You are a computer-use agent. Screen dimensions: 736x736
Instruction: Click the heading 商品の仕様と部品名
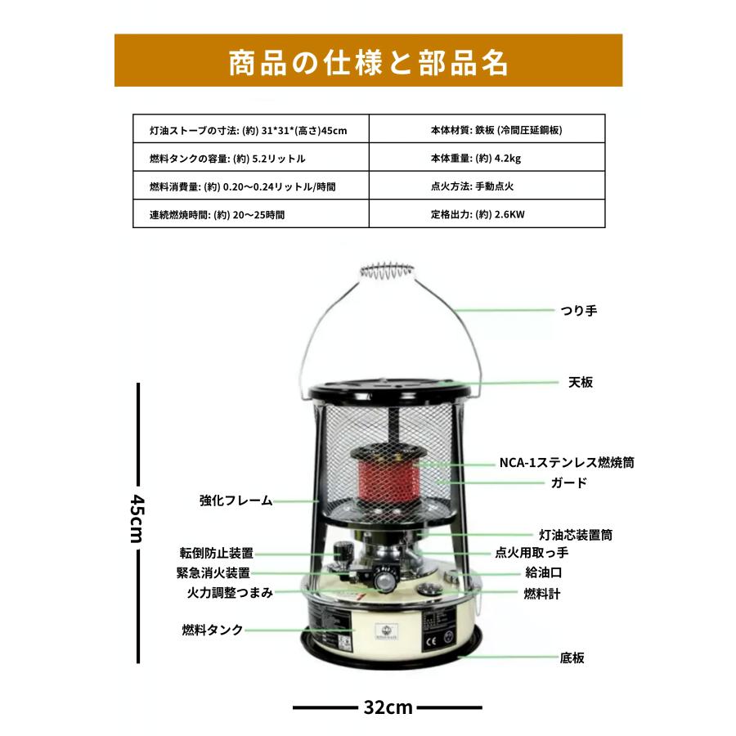(x=368, y=61)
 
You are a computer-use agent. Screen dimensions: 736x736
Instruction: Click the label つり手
(x=579, y=312)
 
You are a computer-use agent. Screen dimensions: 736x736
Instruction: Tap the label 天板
(x=581, y=382)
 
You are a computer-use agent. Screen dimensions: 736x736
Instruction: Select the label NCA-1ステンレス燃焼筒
(x=567, y=462)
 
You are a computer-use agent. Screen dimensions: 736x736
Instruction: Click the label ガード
(x=569, y=482)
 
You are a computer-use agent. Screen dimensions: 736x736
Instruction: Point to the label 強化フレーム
(x=236, y=500)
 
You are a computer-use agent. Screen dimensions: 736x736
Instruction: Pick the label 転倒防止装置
(x=217, y=553)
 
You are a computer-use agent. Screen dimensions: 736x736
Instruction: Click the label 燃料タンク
(x=213, y=630)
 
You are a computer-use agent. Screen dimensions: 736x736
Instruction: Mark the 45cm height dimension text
(x=137, y=518)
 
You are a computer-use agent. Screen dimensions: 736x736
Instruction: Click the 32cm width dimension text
(x=388, y=707)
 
